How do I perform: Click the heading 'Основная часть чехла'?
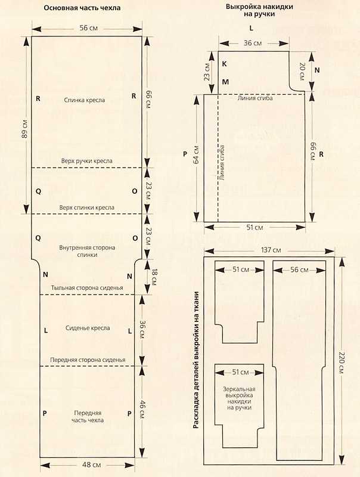(82, 8)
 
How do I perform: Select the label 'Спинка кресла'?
(85, 100)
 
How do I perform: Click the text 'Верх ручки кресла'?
(86, 161)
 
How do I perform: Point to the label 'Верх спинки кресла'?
(86, 207)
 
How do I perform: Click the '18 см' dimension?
(154, 277)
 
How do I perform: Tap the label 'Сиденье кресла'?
(88, 329)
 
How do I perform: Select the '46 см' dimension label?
(141, 410)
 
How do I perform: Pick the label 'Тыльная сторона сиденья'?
(87, 288)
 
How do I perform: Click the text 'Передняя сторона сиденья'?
(88, 360)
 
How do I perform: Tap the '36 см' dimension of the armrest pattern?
(253, 43)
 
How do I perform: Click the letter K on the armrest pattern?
(224, 64)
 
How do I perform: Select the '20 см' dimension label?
(302, 72)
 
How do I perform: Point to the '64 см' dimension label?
(196, 154)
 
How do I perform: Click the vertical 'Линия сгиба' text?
(222, 163)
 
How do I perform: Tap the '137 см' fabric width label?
(271, 250)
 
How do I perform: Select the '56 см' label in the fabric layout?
(299, 270)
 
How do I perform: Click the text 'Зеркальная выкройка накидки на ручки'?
(239, 398)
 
